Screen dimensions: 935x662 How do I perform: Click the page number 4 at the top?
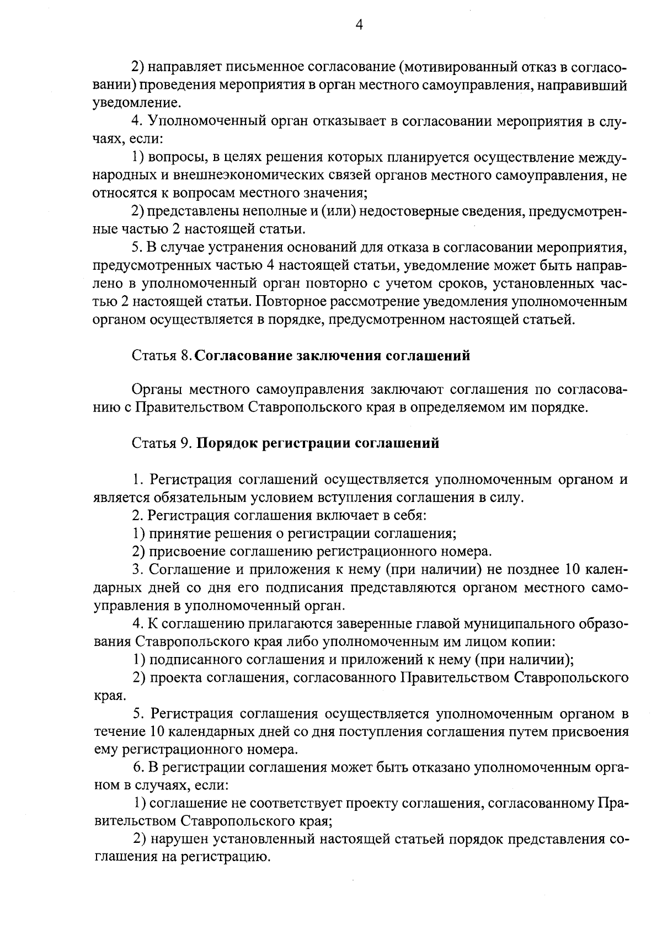pyautogui.click(x=359, y=24)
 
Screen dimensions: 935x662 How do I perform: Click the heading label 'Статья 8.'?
pyautogui.click(x=162, y=356)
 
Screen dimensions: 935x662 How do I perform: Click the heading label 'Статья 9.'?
pyautogui.click(x=162, y=443)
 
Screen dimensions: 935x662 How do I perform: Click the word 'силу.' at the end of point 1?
pyautogui.click(x=506, y=497)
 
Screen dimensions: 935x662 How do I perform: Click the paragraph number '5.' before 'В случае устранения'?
pyautogui.click(x=138, y=248)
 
